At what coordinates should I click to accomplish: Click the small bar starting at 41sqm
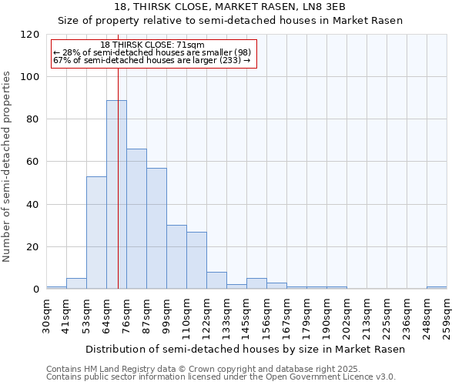click(x=76, y=283)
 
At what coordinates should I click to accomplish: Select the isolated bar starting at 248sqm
click(x=437, y=287)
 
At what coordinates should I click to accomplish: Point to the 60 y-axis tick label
click(x=32, y=162)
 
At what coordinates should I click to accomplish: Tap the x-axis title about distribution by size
click(x=245, y=349)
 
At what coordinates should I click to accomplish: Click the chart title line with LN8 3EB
click(x=230, y=7)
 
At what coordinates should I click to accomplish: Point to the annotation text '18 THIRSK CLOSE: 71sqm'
click(x=152, y=45)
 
